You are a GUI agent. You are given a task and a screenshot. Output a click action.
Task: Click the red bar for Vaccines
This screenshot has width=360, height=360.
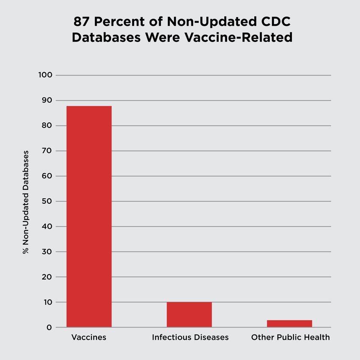click(89, 216)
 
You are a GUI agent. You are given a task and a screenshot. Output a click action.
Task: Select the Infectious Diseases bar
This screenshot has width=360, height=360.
click(189, 315)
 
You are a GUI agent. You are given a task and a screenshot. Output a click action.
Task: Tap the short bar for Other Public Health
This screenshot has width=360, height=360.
click(289, 324)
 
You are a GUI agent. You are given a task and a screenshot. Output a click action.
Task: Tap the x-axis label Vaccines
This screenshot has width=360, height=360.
click(89, 338)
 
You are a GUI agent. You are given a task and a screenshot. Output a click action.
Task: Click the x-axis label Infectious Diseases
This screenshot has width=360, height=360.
click(190, 338)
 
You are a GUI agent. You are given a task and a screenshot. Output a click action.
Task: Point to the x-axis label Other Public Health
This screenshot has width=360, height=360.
click(290, 338)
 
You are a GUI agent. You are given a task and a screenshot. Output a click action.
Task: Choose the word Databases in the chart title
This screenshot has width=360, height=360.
click(106, 37)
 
